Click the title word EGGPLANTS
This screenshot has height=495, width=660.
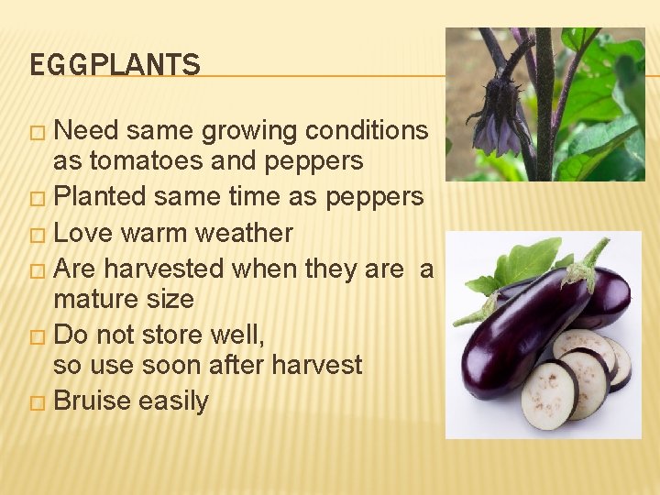coord(115,65)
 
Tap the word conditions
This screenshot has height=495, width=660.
coord(370,131)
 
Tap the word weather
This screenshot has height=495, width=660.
coord(247,233)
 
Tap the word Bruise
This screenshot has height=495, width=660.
coord(96,401)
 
